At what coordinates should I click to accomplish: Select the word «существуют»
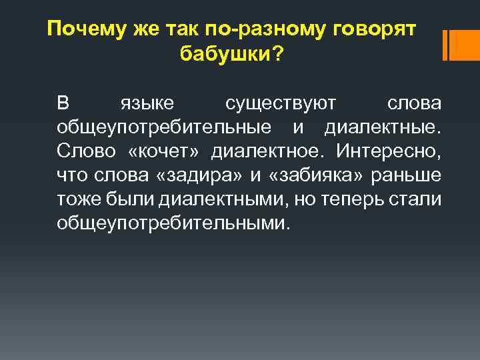pos(281,105)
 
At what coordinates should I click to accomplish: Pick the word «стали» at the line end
pos(419,199)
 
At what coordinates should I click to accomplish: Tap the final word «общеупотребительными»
pos(173,223)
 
